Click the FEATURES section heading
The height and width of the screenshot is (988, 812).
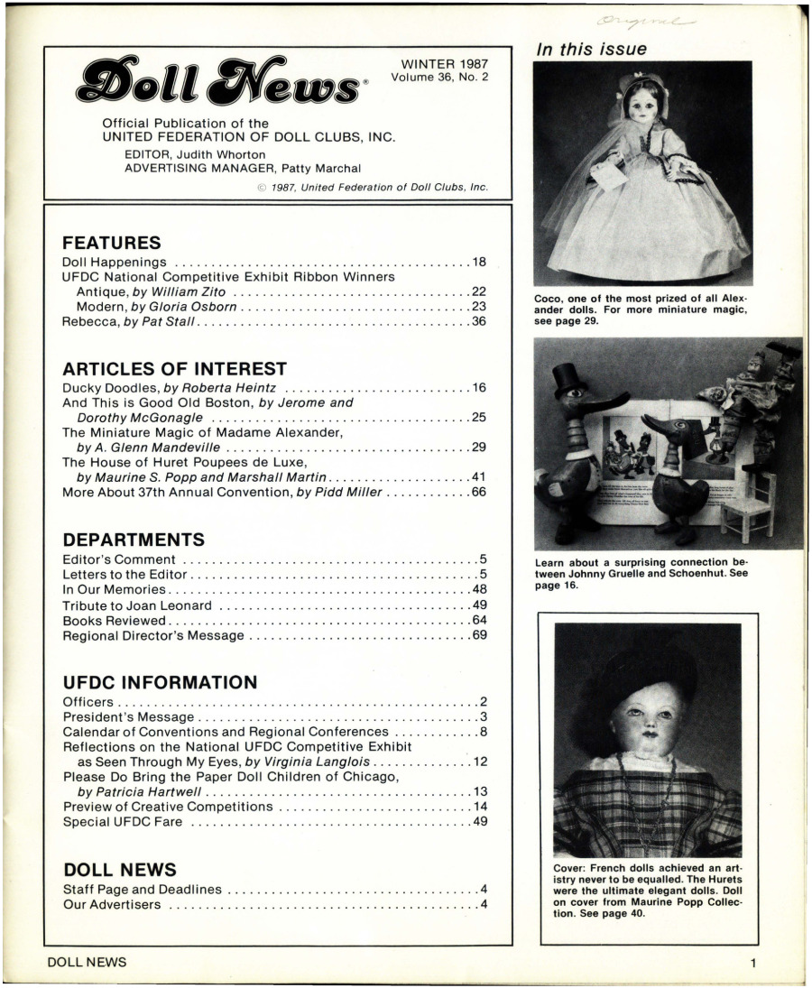click(x=111, y=242)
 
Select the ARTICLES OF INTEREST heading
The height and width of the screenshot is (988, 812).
click(x=174, y=368)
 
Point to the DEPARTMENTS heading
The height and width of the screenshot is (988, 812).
click(x=133, y=540)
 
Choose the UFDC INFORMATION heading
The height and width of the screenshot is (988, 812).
click(x=160, y=682)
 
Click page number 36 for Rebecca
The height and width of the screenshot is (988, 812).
click(x=478, y=322)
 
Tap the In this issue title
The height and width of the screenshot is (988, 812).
click(x=591, y=50)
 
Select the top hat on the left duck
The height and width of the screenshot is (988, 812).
click(x=569, y=378)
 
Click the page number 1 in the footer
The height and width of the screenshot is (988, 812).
click(x=752, y=963)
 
